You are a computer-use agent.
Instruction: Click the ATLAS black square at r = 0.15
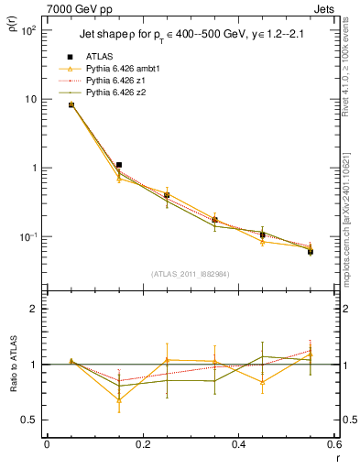click(119, 165)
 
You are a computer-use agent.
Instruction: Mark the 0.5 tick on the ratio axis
click(32, 420)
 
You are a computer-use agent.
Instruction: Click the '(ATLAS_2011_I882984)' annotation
click(191, 274)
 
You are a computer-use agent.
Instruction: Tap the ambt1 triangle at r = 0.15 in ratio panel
click(119, 399)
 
